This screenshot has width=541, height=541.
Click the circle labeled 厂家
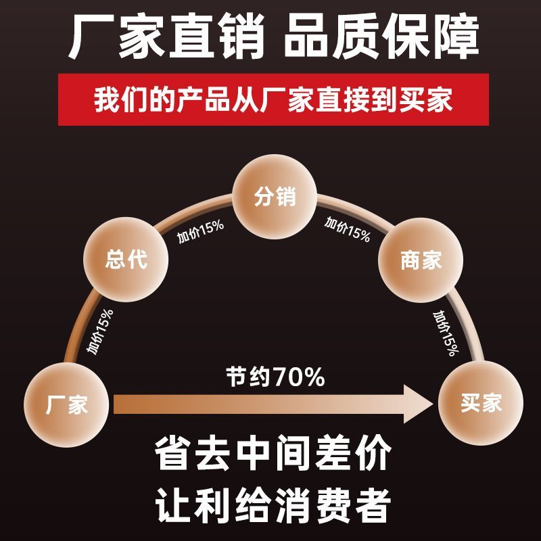66,404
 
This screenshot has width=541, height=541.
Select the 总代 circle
126,260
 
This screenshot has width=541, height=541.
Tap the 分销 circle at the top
275,197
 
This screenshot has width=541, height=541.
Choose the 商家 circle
421,260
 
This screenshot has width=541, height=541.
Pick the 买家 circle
481,403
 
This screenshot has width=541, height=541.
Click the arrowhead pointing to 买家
419,404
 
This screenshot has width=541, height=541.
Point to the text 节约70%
275,377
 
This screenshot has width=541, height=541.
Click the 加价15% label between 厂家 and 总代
100,331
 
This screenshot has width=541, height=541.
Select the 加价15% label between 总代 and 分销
200,231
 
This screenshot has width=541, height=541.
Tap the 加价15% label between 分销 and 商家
347,229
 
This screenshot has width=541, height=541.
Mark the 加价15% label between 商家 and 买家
446,333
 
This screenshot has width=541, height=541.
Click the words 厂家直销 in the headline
166,36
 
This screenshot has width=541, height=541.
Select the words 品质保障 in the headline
381,36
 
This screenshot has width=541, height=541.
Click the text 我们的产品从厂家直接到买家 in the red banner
273,100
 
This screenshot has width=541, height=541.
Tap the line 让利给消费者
273,504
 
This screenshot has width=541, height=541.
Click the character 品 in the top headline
306,36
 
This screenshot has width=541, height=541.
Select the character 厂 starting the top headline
91,37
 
